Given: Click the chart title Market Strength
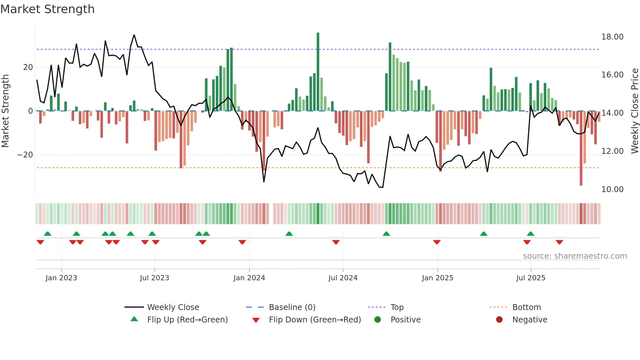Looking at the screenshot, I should [x=48, y=9].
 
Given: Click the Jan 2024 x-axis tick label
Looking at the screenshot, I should [x=249, y=278].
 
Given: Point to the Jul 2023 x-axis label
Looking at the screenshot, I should [x=154, y=278].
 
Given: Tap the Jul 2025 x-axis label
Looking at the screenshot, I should [x=531, y=278].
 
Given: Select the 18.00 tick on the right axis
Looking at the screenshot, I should [x=612, y=37].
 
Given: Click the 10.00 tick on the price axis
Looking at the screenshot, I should [x=612, y=189].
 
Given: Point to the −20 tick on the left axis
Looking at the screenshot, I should [x=25, y=155].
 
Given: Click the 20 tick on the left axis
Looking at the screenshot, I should [x=28, y=67].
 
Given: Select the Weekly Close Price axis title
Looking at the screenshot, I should [x=634, y=111].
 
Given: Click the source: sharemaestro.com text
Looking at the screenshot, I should [x=575, y=256].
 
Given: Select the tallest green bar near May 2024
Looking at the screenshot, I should [x=318, y=72].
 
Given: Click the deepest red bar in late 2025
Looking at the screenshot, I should [x=581, y=149].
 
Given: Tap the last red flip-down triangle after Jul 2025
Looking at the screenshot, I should [x=559, y=242].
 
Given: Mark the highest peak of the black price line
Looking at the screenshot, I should [x=134, y=35].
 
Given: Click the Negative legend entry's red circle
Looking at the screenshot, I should [x=499, y=320].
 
